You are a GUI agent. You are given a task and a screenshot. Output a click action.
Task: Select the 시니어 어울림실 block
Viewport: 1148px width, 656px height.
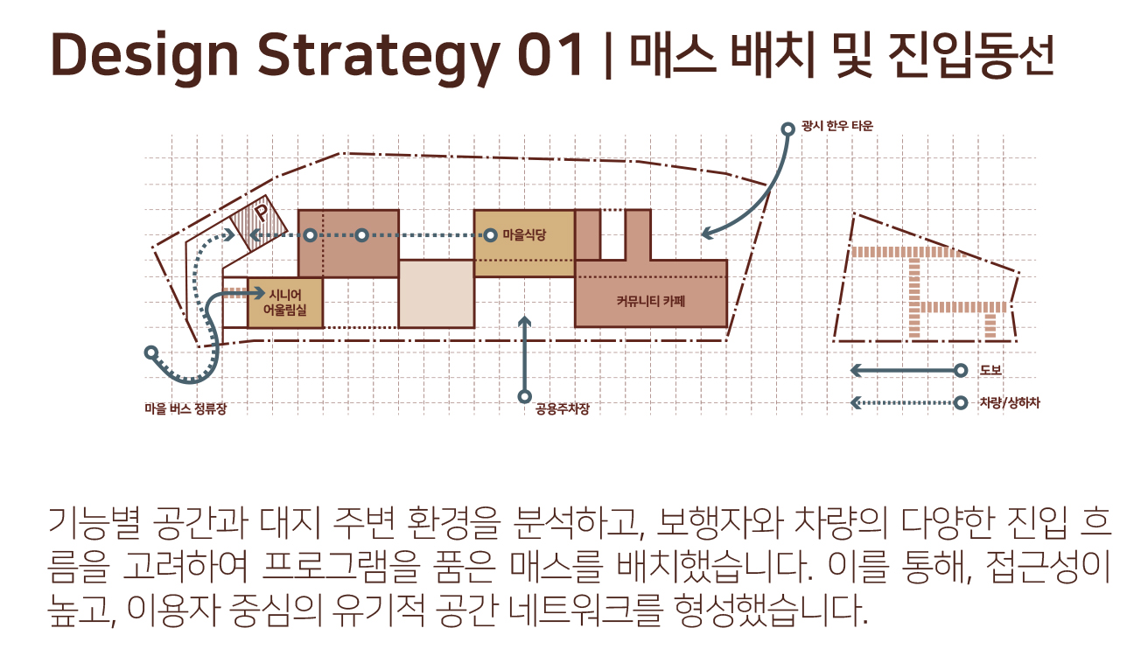click(285, 303)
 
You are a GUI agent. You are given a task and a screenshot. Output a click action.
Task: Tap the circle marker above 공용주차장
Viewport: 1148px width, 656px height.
click(525, 396)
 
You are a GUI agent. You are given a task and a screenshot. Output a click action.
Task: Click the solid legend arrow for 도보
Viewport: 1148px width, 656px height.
click(906, 371)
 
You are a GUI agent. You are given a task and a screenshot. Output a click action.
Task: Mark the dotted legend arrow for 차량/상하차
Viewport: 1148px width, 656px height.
click(906, 403)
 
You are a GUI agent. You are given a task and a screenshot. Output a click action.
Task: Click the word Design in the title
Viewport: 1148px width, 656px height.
click(144, 54)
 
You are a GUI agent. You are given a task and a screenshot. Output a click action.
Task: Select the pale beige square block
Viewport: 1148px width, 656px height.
click(436, 294)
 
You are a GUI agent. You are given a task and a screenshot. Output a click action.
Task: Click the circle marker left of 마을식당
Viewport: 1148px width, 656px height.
click(492, 235)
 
